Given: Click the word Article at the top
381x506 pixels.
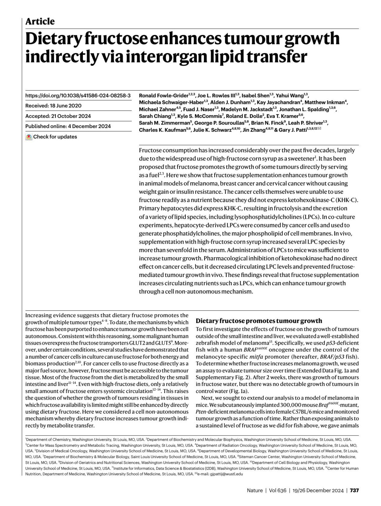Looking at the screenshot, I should (x=40, y=22).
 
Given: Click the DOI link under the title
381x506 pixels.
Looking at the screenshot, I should (x=78, y=95).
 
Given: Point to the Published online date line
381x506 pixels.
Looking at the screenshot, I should (x=68, y=126).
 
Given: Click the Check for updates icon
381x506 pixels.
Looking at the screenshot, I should (x=29, y=137).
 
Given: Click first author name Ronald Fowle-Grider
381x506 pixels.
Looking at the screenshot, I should (x=164, y=95).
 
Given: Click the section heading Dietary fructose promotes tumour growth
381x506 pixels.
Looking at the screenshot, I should (x=259, y=320).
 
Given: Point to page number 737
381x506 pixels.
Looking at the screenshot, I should (x=354, y=490).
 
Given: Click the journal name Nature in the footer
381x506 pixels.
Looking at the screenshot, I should (x=255, y=490).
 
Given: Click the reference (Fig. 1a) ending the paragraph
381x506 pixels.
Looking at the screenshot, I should (x=237, y=391).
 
